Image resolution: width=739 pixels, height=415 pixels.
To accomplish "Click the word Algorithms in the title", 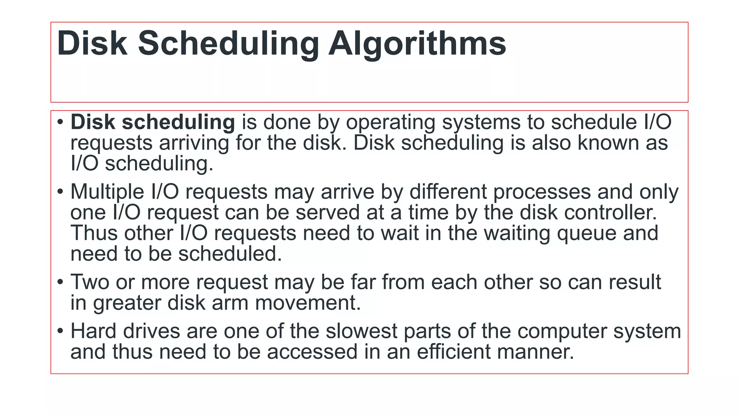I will (x=417, y=44).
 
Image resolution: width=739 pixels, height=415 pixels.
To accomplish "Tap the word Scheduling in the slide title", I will (x=228, y=44).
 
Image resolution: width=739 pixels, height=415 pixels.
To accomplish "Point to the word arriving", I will (x=194, y=143).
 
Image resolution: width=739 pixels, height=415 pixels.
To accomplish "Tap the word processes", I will (x=542, y=192).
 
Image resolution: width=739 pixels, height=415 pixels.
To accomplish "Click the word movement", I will (x=308, y=303).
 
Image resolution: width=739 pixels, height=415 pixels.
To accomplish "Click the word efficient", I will (x=454, y=352).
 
